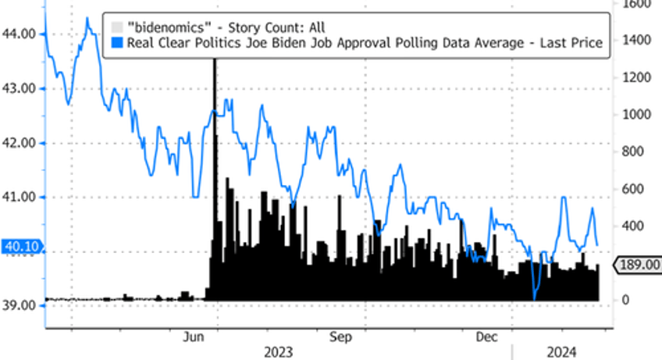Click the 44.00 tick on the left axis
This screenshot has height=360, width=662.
(x=20, y=34)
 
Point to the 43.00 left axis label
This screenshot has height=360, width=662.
(x=20, y=89)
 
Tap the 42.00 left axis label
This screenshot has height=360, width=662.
(x=20, y=143)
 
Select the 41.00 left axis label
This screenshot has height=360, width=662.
(x=20, y=197)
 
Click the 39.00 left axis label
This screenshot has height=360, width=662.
(x=20, y=305)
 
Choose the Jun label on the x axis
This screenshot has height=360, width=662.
(x=194, y=337)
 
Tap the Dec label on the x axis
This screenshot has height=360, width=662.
(x=487, y=337)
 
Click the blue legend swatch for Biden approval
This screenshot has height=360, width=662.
(x=117, y=44)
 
